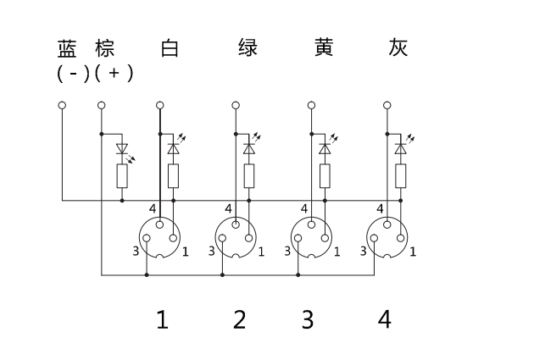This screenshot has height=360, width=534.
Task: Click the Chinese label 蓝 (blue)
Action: (67, 48)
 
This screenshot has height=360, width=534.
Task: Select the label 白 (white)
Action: (170, 48)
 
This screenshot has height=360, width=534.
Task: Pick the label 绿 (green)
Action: (248, 48)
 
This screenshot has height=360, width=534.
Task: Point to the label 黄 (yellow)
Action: (322, 48)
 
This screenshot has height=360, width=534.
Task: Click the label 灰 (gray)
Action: (398, 48)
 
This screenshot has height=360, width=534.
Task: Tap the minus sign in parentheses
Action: (74, 74)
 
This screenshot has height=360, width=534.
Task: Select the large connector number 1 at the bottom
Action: (162, 320)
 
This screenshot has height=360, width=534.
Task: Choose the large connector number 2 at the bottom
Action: (239, 320)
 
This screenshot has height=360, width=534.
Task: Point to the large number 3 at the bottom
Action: (308, 320)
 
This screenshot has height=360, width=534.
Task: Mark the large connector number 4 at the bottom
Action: (385, 320)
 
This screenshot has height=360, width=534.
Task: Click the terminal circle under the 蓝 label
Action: (62, 106)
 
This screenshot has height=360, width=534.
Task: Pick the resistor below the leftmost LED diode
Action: (122, 176)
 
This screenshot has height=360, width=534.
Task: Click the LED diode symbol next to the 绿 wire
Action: (248, 147)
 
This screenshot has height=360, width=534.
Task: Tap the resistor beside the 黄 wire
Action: (324, 176)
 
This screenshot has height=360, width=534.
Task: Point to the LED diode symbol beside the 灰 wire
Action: (399, 147)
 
